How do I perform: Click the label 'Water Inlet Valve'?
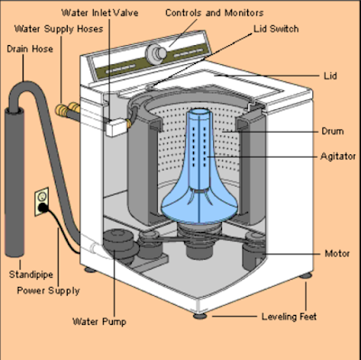pos(100,13)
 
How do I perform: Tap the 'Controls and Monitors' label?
pos(214,13)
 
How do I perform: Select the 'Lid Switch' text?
pos(276,29)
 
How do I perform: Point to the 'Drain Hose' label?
pos(30,49)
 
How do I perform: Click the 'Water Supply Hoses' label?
pos(59,29)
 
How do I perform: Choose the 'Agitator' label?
pos(338,156)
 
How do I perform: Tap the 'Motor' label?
pos(338,254)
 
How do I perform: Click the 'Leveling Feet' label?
pos(289,317)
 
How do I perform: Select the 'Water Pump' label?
pos(99,321)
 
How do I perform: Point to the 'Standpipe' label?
pos(31,274)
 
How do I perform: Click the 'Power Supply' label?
pos(48,291)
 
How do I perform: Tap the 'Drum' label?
pos(332,131)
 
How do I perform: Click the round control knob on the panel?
pos(156,53)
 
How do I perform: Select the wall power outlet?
pos(42,201)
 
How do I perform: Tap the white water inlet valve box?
pos(116,127)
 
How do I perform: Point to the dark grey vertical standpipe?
pos(14,182)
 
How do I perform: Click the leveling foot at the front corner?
pos(199,316)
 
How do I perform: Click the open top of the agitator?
pos(199,112)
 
